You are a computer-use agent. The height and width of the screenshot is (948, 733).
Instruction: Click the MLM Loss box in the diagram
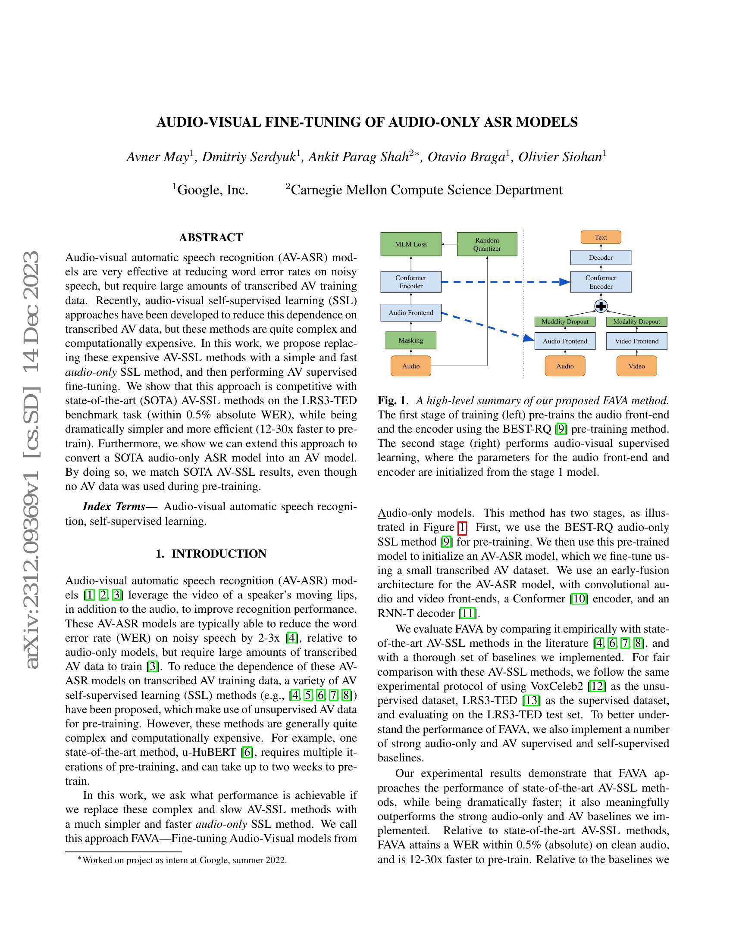pyautogui.click(x=410, y=244)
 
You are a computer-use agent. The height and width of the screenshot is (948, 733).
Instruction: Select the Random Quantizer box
pyautogui.click(x=487, y=244)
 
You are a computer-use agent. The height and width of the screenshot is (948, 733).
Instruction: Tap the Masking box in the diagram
pyautogui.click(x=410, y=340)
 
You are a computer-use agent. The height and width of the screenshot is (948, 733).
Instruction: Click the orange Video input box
pyautogui.click(x=636, y=366)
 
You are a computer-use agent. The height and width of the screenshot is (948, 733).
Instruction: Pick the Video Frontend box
pyautogui.click(x=636, y=341)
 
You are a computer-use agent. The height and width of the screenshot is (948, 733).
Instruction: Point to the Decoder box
pyautogui.click(x=601, y=258)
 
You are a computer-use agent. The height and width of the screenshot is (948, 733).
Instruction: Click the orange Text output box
pyautogui.click(x=601, y=237)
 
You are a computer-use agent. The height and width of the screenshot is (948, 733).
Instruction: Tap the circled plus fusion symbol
pyautogui.click(x=601, y=306)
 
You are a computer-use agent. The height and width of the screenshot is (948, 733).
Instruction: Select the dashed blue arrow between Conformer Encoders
pyautogui.click(x=504, y=282)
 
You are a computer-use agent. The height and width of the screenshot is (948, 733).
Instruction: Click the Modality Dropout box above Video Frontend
pyautogui.click(x=636, y=321)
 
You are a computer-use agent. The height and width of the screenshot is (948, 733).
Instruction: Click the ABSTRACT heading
pyautogui.click(x=211, y=237)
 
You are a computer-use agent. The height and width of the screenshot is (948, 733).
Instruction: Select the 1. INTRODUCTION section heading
pyautogui.click(x=211, y=554)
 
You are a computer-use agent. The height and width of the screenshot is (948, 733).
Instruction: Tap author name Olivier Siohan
pyautogui.click(x=559, y=157)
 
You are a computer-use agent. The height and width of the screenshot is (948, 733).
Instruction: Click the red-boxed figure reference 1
pyautogui.click(x=462, y=527)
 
